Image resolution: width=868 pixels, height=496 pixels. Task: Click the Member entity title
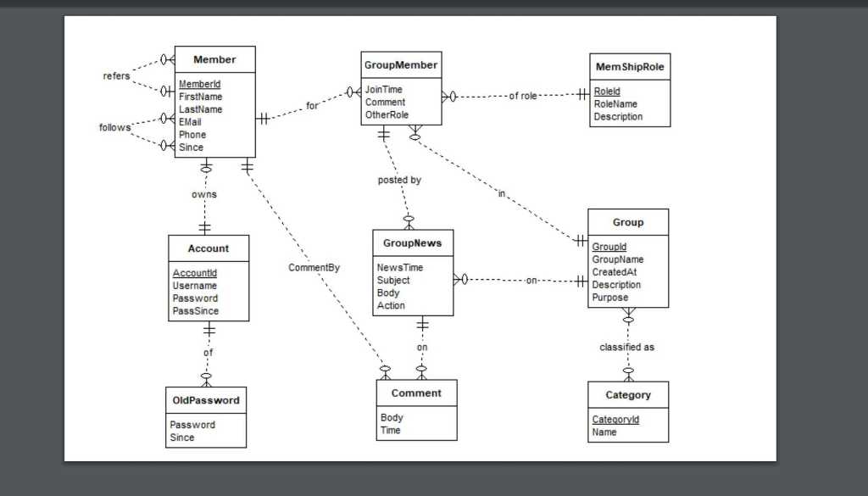pos(214,59)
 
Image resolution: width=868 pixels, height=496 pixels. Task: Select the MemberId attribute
pos(199,84)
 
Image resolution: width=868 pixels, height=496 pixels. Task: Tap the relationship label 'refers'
pos(116,75)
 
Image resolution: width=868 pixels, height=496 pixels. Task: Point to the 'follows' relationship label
pos(114,127)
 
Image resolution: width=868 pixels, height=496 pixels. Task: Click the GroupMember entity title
pos(401,64)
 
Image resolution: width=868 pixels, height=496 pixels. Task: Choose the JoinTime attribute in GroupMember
pos(383,89)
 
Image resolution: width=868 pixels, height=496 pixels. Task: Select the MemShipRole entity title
pos(630,66)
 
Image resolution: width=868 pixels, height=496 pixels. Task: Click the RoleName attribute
pos(615,103)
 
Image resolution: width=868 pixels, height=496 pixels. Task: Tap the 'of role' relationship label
pos(523,96)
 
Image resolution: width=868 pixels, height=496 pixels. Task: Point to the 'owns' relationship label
pos(203,194)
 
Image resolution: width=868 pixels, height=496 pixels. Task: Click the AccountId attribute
pos(194,273)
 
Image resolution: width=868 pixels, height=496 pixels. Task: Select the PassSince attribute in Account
pos(195,310)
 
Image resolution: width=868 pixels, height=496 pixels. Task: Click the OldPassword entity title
pos(205,399)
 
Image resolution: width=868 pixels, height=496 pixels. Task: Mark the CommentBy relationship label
pos(314,267)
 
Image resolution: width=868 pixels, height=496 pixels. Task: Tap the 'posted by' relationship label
pos(398,180)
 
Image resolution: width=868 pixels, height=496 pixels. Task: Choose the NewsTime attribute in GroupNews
pos(399,267)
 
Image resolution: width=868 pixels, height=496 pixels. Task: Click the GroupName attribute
pos(617,259)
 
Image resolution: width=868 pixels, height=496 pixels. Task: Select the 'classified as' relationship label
pos(626,347)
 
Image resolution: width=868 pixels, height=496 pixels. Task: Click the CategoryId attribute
pos(615,419)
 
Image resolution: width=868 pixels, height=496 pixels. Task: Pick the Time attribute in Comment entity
pos(390,430)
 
